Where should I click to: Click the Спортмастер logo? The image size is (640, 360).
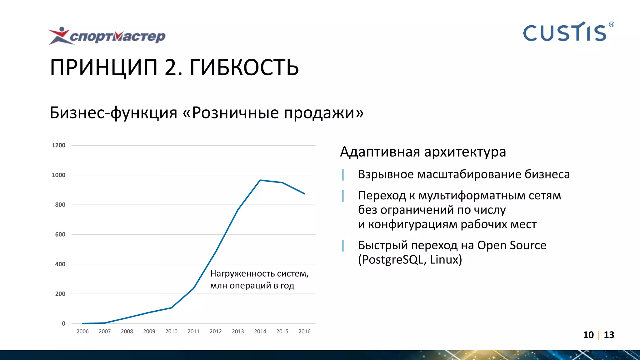point(107,36)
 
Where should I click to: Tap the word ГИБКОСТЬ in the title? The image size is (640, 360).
point(244,67)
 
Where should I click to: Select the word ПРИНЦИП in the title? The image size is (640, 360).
point(104,67)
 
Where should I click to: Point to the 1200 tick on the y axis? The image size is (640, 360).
point(58,145)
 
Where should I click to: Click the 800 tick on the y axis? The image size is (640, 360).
point(60,205)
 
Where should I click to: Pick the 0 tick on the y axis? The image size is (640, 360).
point(63,323)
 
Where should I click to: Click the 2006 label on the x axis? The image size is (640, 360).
point(82,331)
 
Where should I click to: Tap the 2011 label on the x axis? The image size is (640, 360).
point(193,331)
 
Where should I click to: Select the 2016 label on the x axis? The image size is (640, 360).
point(304,331)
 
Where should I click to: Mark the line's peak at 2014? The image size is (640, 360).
point(260,180)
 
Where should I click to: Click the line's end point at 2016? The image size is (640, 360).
point(304,194)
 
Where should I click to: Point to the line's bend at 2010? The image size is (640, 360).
point(171,308)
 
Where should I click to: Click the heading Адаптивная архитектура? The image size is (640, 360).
point(423,152)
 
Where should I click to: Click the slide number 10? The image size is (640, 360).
point(588,335)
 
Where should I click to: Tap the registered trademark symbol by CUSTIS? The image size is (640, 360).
point(611,24)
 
